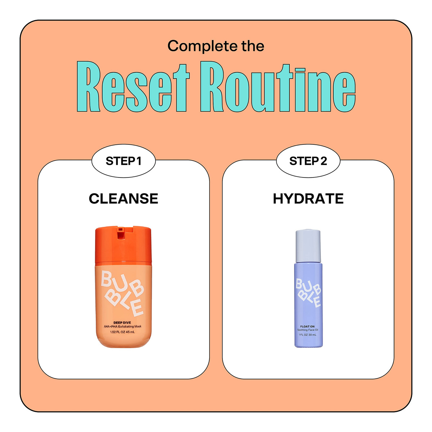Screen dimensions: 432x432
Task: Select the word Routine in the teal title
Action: coord(278,86)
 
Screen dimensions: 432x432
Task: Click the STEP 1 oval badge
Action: coord(123,161)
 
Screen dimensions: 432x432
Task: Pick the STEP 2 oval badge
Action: coord(308,161)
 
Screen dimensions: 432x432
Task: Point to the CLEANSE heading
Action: coord(123,199)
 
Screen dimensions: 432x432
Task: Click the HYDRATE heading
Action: coord(308,199)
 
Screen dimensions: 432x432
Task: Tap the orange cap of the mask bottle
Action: coord(123,244)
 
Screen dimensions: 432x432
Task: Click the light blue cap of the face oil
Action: coord(308,246)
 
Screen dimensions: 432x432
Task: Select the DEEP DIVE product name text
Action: coord(122,323)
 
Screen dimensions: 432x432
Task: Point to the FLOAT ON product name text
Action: coord(307,327)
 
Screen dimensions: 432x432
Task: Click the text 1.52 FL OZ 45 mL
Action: coord(122,332)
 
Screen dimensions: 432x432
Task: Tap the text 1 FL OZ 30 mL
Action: coord(307,335)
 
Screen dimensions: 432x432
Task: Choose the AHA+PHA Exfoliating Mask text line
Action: coord(122,327)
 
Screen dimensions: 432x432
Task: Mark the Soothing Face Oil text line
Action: coord(307,330)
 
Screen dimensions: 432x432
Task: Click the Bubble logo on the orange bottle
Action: coord(122,293)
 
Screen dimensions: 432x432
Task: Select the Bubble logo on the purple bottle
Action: coord(309,293)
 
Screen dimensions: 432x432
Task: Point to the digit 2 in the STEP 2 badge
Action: coord(324,161)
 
